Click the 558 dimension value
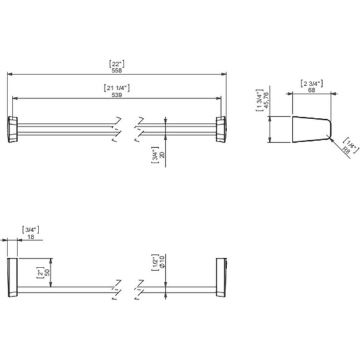117,71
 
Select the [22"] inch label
117,64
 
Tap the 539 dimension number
117,95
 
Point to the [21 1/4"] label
117,88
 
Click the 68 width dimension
312,90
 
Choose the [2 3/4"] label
312,84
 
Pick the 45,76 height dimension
266,100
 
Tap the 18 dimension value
30,236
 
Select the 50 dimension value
47,272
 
